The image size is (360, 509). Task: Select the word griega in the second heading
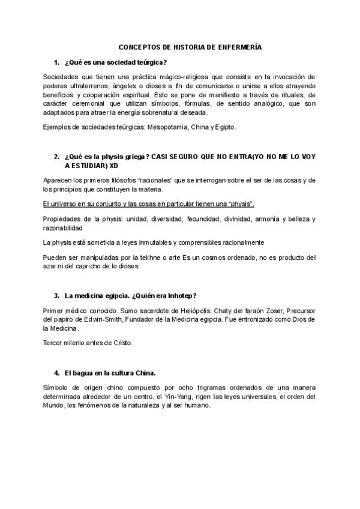coord(130,157)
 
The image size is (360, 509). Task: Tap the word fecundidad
coord(203,219)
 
